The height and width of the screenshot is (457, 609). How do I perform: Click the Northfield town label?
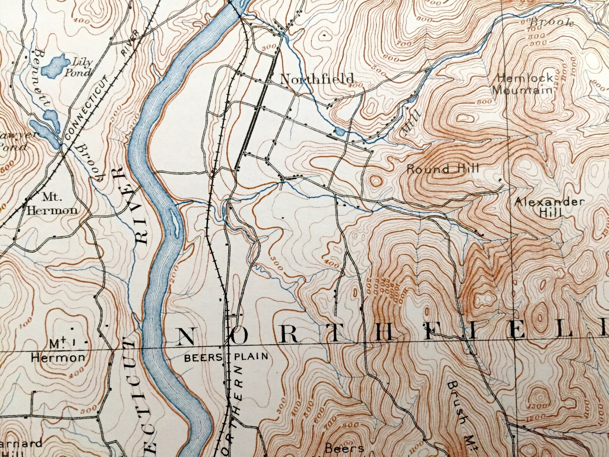click(x=317, y=79)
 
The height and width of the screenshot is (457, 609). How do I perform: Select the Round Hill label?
click(x=443, y=168)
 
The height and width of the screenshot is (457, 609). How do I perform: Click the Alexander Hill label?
click(x=550, y=207)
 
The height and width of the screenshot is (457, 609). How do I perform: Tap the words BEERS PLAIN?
click(x=226, y=357)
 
